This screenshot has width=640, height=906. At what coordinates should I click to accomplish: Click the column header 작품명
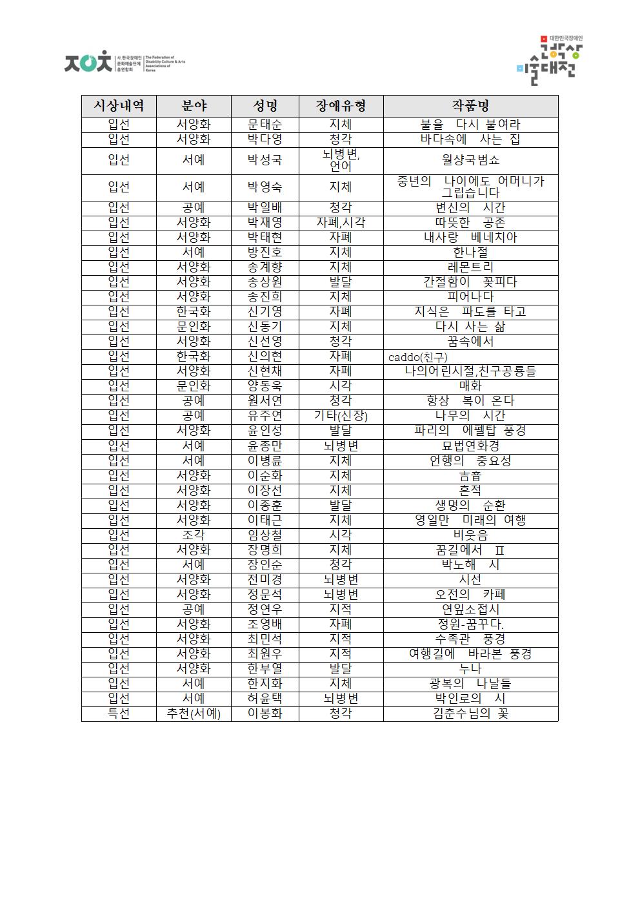pos(470,106)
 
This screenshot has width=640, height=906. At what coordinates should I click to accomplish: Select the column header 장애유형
pos(341,106)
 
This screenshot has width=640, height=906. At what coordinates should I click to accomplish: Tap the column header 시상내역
pos(119,106)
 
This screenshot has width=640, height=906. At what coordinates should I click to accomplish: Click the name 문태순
pos(265,125)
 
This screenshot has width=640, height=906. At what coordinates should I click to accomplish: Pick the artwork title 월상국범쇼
pos(470,160)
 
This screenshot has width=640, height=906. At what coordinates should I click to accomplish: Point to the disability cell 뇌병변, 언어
pos(341,160)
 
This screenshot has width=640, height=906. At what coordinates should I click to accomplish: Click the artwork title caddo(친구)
pos(417,357)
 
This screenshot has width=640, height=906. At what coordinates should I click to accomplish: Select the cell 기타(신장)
pos(341,416)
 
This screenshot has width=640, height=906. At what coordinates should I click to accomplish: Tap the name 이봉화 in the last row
pos(265,714)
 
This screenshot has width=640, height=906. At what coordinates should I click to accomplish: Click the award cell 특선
pos(119,714)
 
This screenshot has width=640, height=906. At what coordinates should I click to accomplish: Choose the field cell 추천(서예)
pos(194,714)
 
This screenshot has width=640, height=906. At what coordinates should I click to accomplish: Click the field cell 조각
pos(194,535)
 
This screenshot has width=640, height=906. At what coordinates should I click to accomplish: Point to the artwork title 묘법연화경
pos(470,446)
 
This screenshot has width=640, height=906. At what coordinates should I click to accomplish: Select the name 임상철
pos(265,535)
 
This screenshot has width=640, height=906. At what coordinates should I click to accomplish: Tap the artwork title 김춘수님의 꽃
pos(470,714)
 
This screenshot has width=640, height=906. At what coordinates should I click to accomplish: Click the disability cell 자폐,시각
pos(341,223)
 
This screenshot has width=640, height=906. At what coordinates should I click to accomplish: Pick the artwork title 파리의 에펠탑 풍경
pos(470,431)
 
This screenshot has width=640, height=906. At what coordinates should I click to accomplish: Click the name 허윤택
pos(265,699)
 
